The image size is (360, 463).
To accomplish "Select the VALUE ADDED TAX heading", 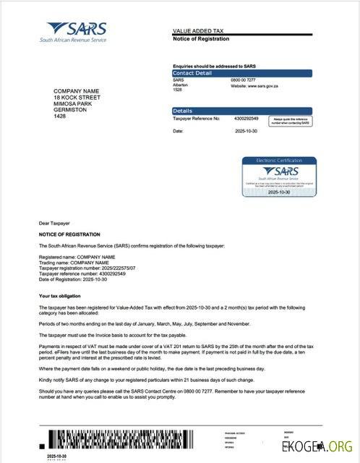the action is pyautogui.click(x=200, y=31).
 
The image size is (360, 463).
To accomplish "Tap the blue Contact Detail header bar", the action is pyautogui.click(x=241, y=73).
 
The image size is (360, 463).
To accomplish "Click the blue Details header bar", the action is pyautogui.click(x=241, y=111).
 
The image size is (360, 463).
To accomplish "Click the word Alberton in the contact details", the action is pyautogui.click(x=180, y=85).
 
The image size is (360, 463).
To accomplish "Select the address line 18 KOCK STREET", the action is pyautogui.click(x=76, y=97).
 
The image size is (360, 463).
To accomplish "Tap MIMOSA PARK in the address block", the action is pyautogui.click(x=73, y=103).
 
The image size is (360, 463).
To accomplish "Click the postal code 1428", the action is pyautogui.click(x=59, y=116).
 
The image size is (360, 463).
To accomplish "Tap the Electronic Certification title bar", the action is pyautogui.click(x=277, y=160).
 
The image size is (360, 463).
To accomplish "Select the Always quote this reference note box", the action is pyautogui.click(x=291, y=121).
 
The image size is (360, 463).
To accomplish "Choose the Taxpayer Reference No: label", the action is pyautogui.click(x=196, y=118).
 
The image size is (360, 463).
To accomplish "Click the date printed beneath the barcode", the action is pyautogui.click(x=57, y=456).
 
